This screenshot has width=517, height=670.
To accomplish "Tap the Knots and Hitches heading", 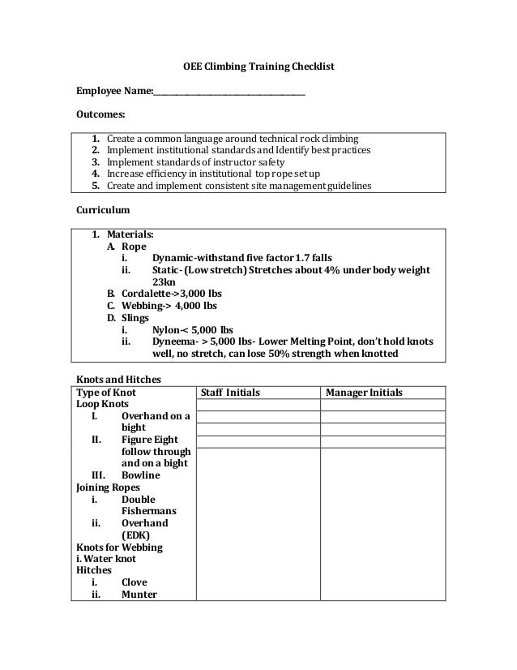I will pos(118,379).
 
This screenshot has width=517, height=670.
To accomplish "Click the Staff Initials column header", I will pos(230,393).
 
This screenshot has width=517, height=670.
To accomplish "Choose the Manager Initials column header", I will pos(364,393).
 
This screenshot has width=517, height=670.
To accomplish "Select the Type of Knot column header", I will pos(106,393).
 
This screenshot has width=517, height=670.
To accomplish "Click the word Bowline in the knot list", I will pos(141,475).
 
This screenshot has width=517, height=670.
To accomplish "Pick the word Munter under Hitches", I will pos(139,594).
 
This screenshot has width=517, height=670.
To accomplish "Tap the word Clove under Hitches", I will pos(135,582).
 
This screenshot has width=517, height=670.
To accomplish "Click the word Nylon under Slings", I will pos(167,330).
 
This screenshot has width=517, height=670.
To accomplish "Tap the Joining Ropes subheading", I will pos(108,487).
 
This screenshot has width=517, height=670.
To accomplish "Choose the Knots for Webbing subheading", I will pos(119,547).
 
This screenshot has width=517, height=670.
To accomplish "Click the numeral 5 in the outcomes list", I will pos(95,186).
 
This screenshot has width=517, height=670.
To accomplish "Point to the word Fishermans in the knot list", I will pos(149,511).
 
